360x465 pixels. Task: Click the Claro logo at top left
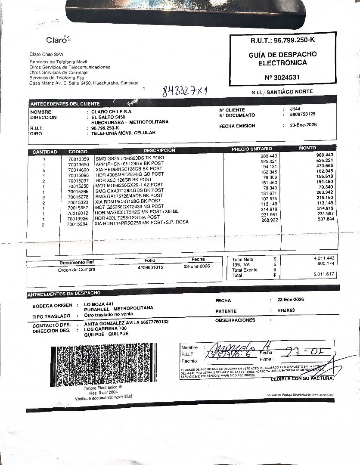coord(57,40)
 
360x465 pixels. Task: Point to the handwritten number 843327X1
coord(185,91)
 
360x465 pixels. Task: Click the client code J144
coord(295,109)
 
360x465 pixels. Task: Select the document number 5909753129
coord(303,115)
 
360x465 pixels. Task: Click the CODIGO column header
coord(78,152)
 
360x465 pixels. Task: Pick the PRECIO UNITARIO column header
coord(252,149)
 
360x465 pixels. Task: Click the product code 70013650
coord(78,164)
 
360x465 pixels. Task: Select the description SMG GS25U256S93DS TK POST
coord(130,158)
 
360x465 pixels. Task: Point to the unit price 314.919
coord(268,209)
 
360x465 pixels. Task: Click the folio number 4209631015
coord(147,267)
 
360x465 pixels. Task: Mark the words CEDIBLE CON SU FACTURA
coord(302,378)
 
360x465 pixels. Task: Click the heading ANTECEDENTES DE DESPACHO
coord(64,294)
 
